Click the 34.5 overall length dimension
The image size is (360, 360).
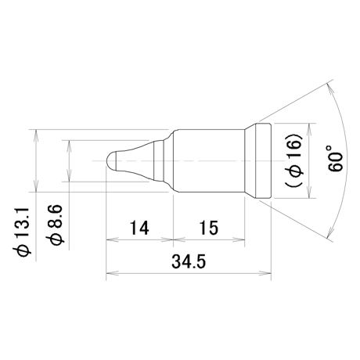click(x=189, y=261)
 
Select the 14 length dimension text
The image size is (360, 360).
click(x=139, y=228)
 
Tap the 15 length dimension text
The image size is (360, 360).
click(x=209, y=228)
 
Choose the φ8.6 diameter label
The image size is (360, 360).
click(x=54, y=225)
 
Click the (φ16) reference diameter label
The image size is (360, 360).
click(x=293, y=160)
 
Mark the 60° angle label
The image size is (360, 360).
click(x=335, y=159)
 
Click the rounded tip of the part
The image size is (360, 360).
click(x=112, y=160)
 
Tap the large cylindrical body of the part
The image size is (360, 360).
click(x=209, y=160)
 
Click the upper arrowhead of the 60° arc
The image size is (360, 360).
click(x=329, y=89)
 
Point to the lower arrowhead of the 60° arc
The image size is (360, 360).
click(x=329, y=231)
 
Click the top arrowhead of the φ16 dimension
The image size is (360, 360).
click(x=309, y=129)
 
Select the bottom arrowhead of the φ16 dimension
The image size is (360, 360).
click(x=309, y=193)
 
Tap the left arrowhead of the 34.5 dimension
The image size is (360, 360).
click(x=112, y=274)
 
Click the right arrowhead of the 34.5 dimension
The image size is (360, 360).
click(x=265, y=274)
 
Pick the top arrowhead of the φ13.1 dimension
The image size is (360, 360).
click(x=36, y=135)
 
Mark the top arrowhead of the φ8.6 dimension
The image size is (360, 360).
click(x=69, y=146)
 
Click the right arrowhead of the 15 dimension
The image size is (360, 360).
click(x=239, y=239)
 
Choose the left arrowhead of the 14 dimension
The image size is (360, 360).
click(x=112, y=239)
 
